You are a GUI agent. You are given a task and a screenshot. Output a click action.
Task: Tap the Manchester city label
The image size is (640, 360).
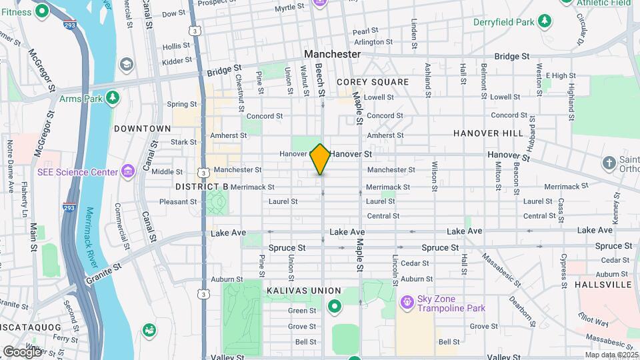332,54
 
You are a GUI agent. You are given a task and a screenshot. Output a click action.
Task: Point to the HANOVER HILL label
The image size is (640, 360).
488,133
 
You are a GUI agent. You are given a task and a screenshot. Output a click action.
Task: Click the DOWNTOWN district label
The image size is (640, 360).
142,128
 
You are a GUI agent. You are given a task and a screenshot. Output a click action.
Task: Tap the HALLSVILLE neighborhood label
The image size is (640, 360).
603,285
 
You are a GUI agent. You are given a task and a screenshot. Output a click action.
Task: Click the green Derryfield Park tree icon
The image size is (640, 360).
545,22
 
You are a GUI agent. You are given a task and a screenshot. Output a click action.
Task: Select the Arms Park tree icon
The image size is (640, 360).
113,99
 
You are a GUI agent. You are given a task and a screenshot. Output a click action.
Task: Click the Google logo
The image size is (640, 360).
22,351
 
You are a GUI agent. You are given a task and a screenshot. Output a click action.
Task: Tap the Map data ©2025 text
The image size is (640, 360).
611,355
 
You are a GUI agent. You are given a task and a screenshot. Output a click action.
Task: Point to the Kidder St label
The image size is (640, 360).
177,61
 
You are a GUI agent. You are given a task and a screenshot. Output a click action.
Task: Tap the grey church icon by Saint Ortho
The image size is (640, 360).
608,163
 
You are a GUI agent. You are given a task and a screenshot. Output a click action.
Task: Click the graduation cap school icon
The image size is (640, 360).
126,64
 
